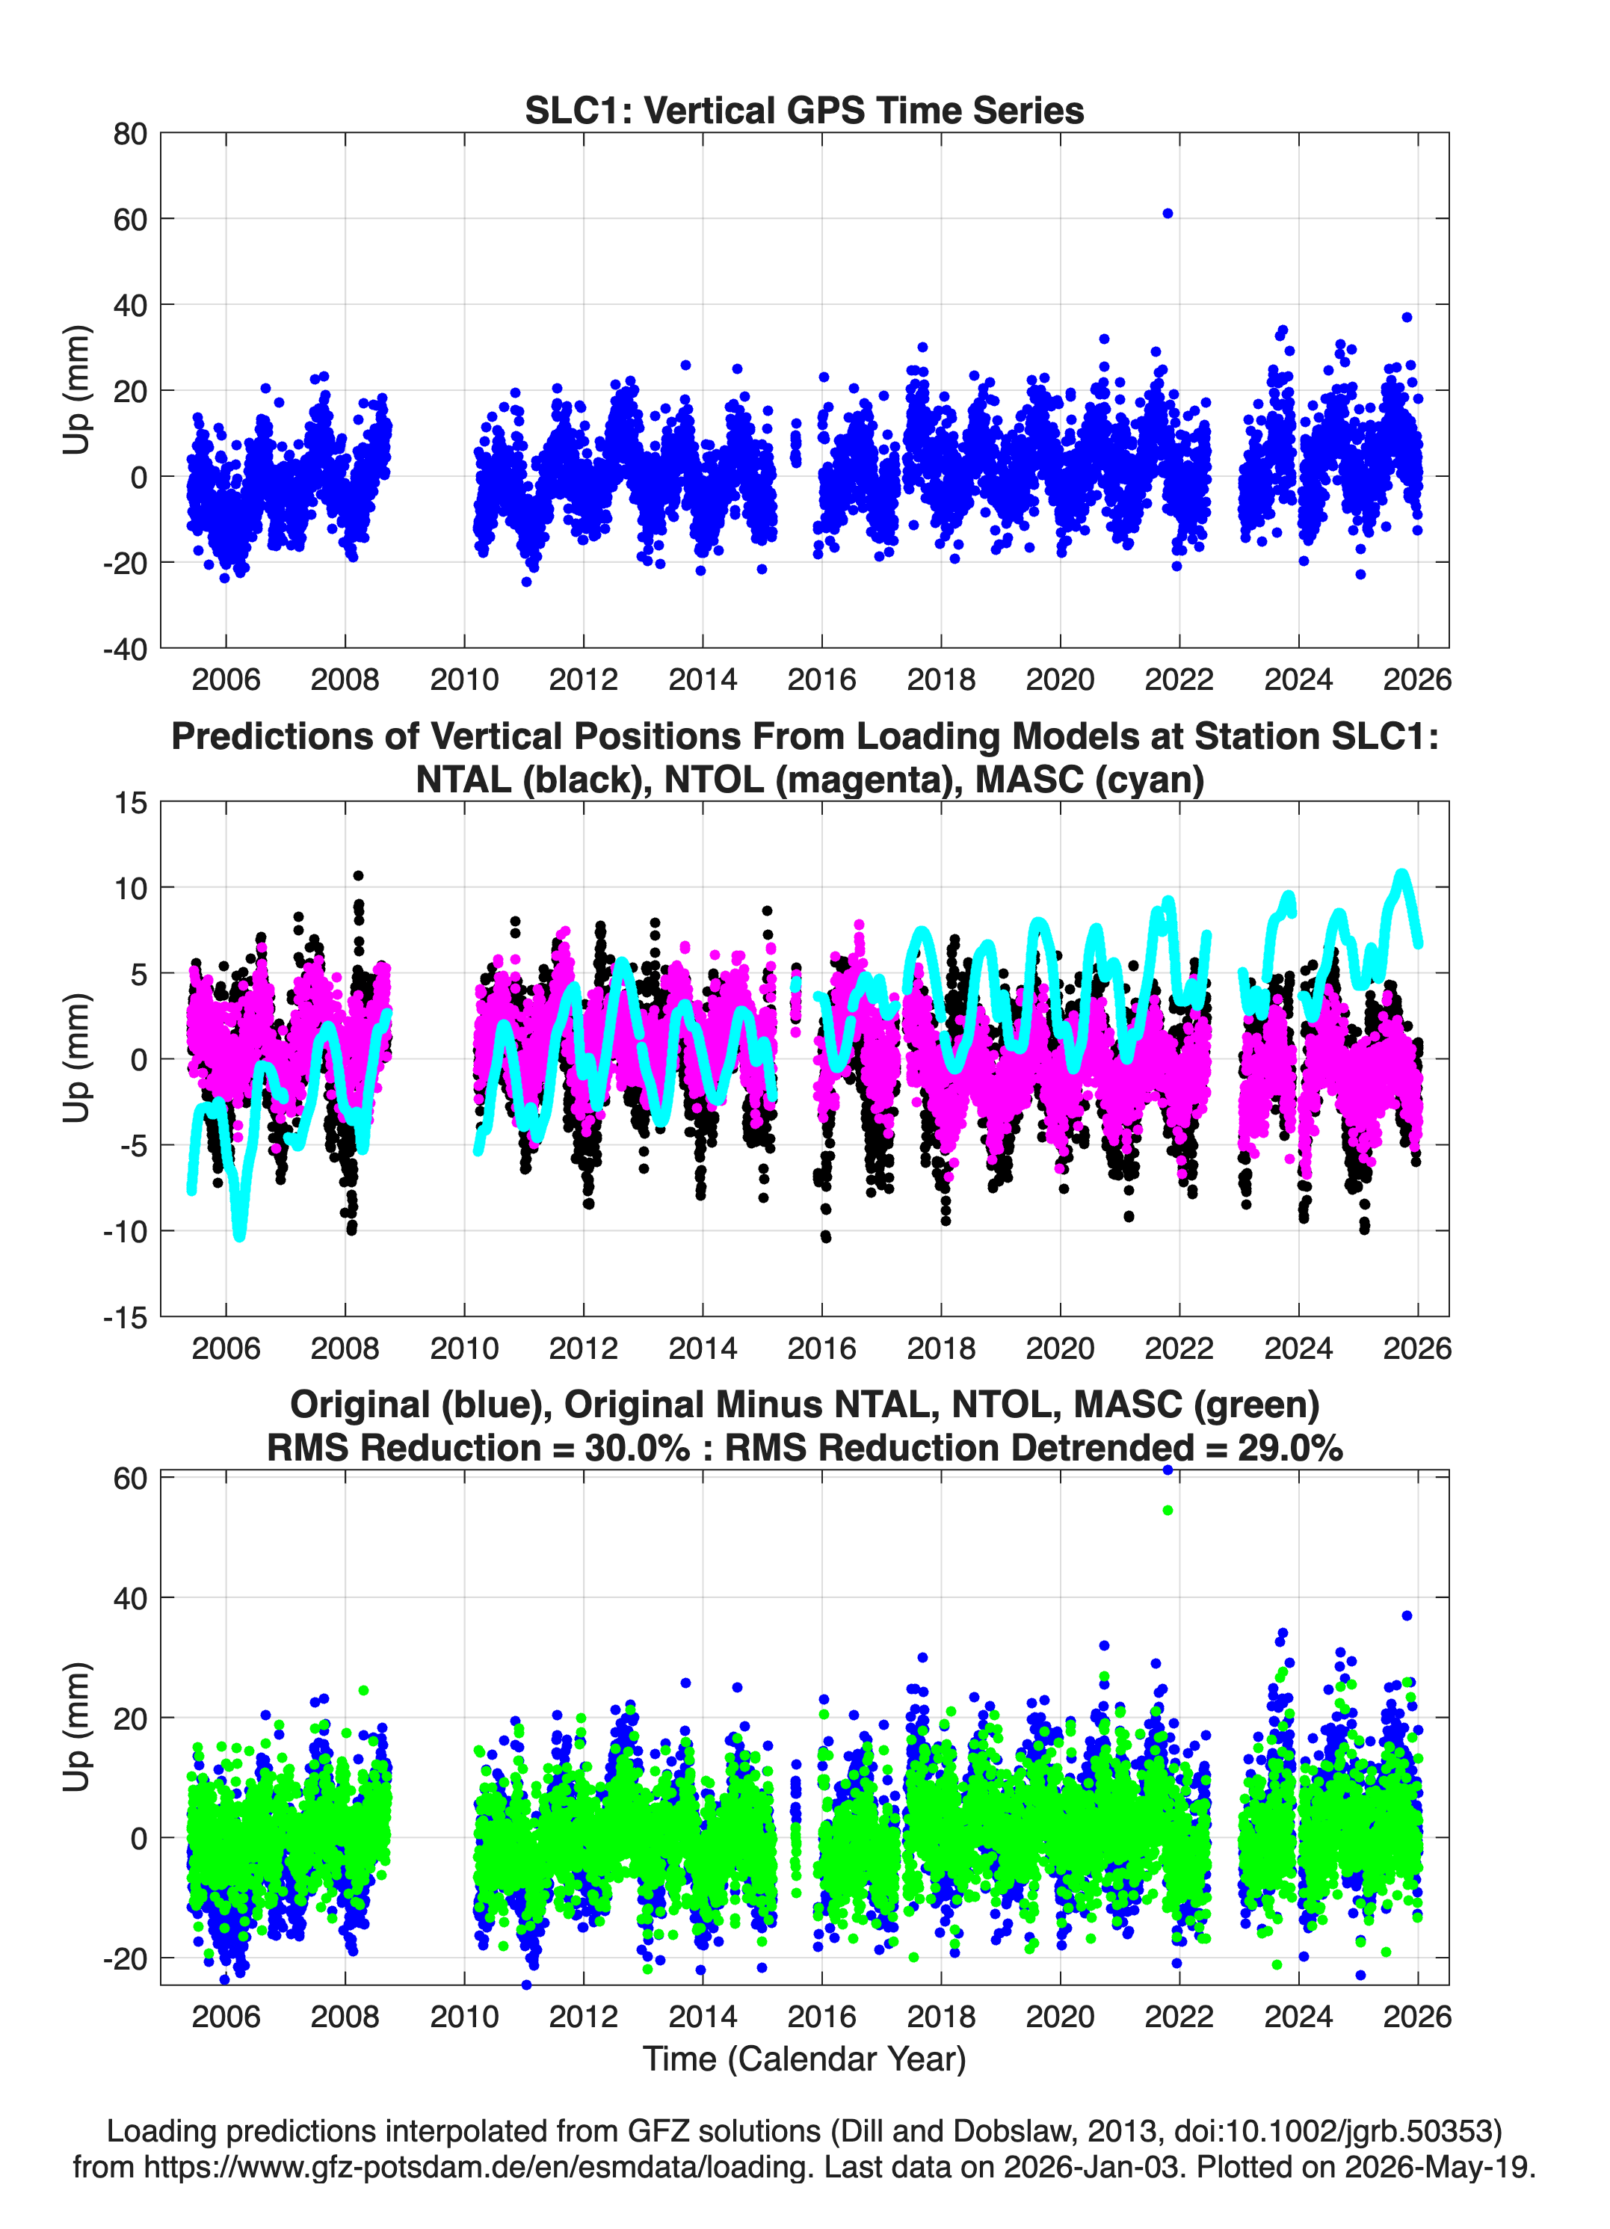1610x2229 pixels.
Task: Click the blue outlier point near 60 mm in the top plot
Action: pyautogui.click(x=1168, y=213)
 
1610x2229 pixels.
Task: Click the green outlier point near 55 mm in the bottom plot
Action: pyautogui.click(x=1168, y=1510)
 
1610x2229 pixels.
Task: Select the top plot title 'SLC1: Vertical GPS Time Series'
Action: pyautogui.click(x=804, y=110)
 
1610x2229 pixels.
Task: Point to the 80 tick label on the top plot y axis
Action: pyautogui.click(x=130, y=134)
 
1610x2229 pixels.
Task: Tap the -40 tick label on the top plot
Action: pyautogui.click(x=125, y=649)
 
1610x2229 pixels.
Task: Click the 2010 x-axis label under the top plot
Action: pyautogui.click(x=464, y=679)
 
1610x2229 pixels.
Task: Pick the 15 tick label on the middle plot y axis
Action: pyautogui.click(x=131, y=803)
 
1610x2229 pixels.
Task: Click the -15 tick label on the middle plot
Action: pyautogui.click(x=125, y=1317)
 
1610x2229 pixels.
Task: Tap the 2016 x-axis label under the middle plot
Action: pyautogui.click(x=821, y=1348)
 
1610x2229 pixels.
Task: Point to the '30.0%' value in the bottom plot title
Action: pyautogui.click(x=638, y=1448)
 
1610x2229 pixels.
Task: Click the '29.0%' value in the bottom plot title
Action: pyautogui.click(x=1291, y=1448)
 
